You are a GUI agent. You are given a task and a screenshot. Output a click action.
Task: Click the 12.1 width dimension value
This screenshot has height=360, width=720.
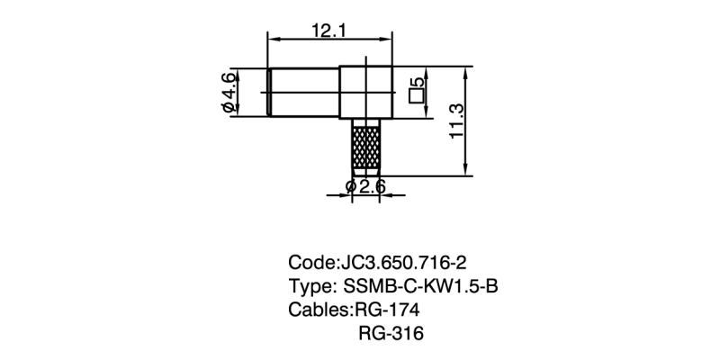[330, 30]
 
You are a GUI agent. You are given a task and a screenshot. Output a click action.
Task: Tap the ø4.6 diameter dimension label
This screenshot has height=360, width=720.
[229, 93]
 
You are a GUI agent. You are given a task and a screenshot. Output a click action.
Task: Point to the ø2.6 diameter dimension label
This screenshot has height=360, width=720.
[365, 187]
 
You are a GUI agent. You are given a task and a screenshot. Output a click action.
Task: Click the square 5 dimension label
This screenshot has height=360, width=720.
[416, 90]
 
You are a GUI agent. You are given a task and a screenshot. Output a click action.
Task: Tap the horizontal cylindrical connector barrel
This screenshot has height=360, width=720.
[304, 92]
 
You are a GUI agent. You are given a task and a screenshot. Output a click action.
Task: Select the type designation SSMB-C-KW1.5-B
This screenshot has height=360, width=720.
[421, 287]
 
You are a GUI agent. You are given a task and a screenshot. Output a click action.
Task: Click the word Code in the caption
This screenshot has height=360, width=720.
[309, 263]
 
